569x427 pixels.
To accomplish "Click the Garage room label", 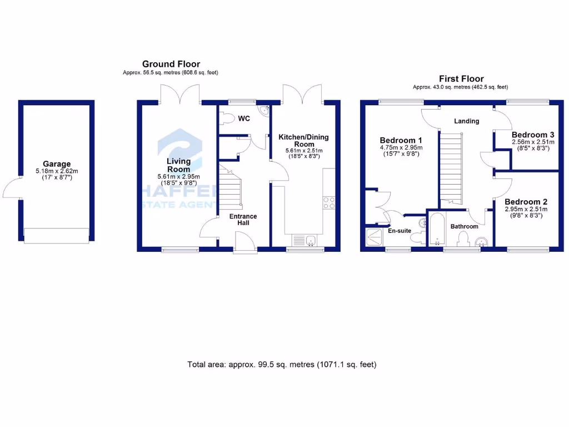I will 57,164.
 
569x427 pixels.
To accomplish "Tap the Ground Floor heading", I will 171,64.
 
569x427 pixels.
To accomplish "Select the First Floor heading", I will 461,79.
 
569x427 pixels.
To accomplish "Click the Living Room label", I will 179,165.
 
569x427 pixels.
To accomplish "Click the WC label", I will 244,118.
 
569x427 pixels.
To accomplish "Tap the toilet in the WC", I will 227,118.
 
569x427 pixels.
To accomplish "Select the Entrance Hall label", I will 243,219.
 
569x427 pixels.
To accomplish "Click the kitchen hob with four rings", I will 328,203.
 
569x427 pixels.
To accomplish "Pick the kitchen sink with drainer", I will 304,240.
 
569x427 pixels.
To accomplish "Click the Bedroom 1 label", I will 401,140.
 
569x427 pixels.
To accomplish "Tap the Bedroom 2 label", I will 526,202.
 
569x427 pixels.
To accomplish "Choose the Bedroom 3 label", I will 533,135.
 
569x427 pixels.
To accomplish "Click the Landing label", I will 466,121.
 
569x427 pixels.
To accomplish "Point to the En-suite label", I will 400,230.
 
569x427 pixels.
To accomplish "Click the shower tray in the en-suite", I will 375,238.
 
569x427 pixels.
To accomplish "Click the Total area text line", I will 282,365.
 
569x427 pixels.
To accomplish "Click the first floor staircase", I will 452,167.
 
